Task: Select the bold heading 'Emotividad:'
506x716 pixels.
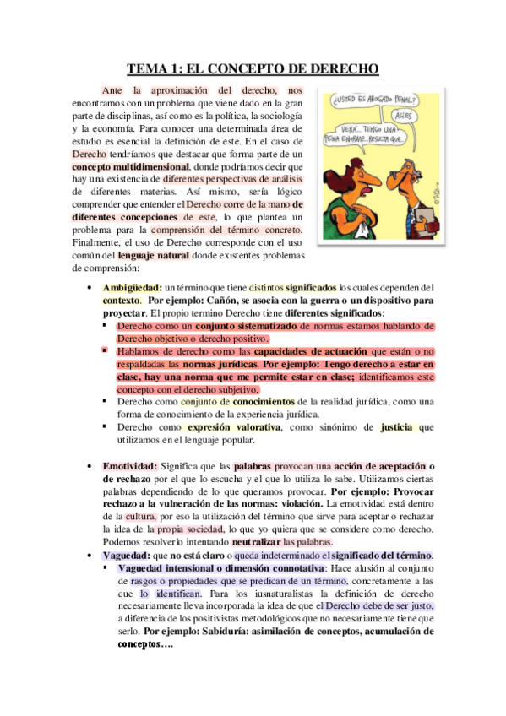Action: click(x=129, y=466)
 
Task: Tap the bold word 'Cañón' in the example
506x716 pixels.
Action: click(x=218, y=300)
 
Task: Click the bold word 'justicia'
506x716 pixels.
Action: click(x=398, y=427)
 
